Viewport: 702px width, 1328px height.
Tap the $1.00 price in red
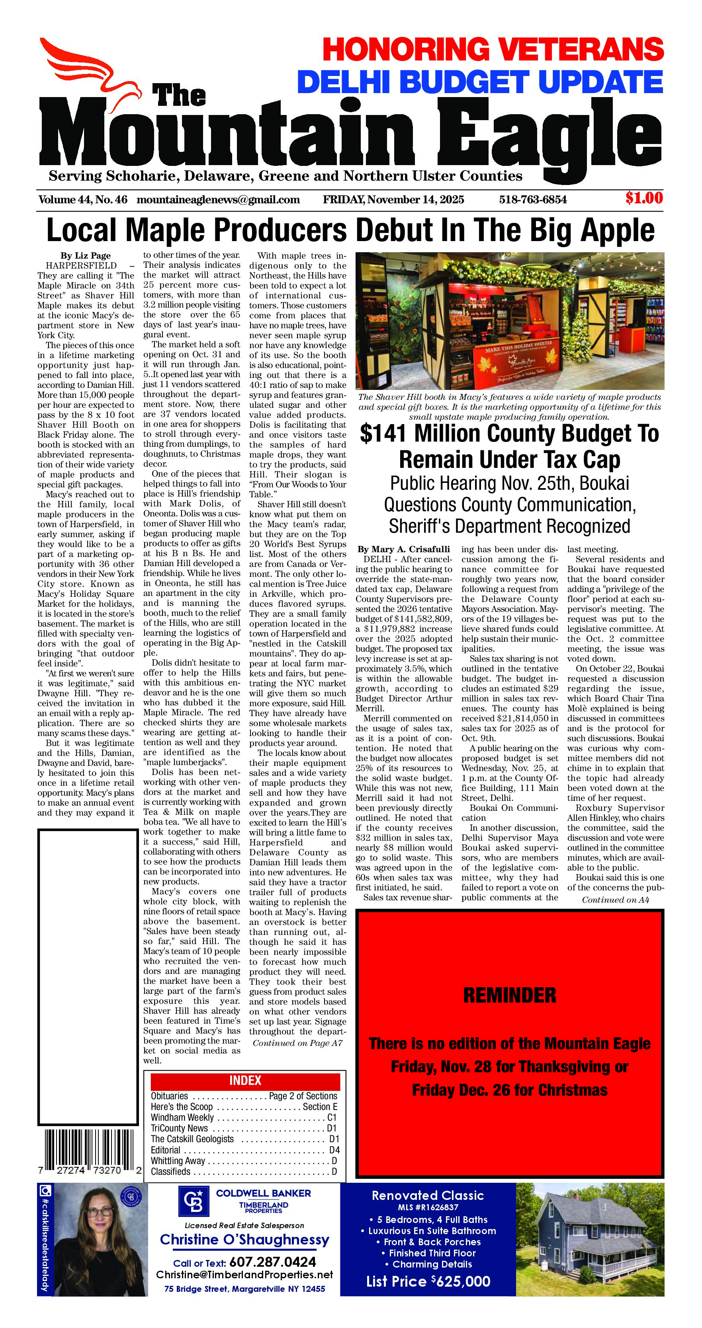(x=644, y=198)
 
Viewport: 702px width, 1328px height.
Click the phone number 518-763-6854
(x=532, y=199)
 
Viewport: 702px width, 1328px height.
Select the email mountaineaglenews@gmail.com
(x=218, y=199)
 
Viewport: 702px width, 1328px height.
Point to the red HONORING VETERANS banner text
(x=493, y=49)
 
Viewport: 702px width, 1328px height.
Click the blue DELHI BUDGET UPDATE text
(x=480, y=82)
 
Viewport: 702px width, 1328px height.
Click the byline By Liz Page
(x=86, y=256)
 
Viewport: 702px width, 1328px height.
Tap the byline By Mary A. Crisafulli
(x=403, y=549)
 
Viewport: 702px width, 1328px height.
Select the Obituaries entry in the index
(x=170, y=1096)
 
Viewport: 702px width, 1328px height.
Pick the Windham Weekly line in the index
(x=182, y=1117)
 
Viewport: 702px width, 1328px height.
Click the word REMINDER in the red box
(x=510, y=995)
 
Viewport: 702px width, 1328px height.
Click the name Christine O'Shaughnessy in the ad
(x=244, y=1240)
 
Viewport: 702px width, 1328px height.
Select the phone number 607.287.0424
(x=272, y=1262)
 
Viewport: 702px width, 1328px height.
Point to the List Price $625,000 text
(x=428, y=1281)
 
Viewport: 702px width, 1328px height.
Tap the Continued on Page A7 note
(x=297, y=1043)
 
